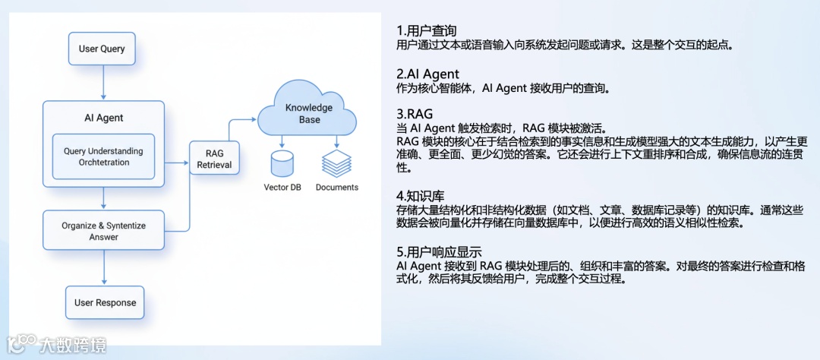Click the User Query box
(102, 49)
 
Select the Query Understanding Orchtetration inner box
(102, 156)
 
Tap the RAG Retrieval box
(213, 159)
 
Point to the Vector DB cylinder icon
(282, 162)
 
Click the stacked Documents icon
(336, 161)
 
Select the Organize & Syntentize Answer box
(103, 231)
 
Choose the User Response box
(105, 302)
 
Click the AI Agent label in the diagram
(103, 118)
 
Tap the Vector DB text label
(282, 187)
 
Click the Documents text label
(337, 187)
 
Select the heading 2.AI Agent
(427, 74)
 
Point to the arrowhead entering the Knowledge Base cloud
(254, 118)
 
